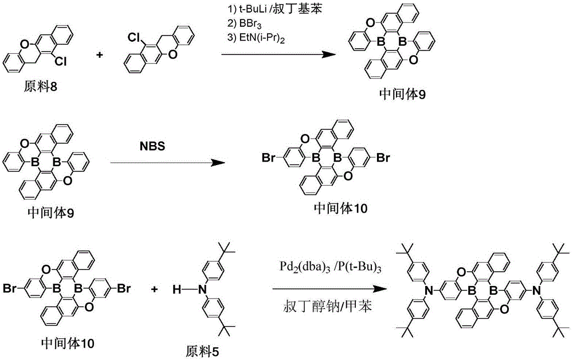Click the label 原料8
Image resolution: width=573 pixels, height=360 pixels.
pyautogui.click(x=41, y=87)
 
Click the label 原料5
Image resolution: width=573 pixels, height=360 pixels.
pyautogui.click(x=203, y=351)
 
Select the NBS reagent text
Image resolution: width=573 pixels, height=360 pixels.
pyautogui.click(x=152, y=146)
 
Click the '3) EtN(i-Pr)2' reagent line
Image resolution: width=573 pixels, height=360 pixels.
pyautogui.click(x=256, y=38)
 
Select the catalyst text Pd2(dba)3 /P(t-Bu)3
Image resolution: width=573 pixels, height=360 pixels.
pyautogui.click(x=331, y=267)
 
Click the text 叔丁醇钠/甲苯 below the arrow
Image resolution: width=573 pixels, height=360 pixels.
pyautogui.click(x=327, y=306)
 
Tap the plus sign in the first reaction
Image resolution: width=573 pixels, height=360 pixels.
pyautogui.click(x=99, y=55)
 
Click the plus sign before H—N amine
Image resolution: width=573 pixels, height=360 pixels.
pyautogui.click(x=155, y=289)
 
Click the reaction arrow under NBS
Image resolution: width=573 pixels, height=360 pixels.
pyautogui.click(x=167, y=162)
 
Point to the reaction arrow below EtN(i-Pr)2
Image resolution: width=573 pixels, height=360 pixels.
pyautogui.click(x=278, y=54)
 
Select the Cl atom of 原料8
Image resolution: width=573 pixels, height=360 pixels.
pyautogui.click(x=61, y=62)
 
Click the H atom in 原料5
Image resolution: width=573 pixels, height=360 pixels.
pyautogui.click(x=177, y=290)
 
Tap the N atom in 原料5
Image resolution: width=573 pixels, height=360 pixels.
pyautogui.click(x=201, y=290)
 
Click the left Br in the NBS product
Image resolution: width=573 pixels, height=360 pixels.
pyautogui.click(x=269, y=158)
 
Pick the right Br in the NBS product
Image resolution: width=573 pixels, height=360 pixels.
pyautogui.click(x=383, y=158)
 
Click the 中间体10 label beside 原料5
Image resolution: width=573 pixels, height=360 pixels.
pyautogui.click(x=68, y=343)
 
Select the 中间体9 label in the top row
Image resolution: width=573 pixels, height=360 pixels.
pyautogui.click(x=402, y=94)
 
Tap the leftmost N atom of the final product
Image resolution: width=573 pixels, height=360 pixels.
pyautogui.click(x=430, y=291)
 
